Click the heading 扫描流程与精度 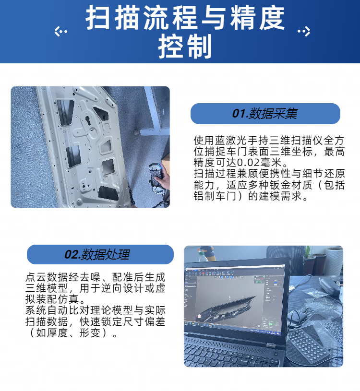[185, 18]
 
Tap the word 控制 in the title [185, 47]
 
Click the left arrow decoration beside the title [61, 31]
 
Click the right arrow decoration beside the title [304, 31]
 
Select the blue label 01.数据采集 [265, 113]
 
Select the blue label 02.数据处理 [100, 254]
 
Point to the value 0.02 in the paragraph [248, 163]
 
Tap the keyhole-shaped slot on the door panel [88, 121]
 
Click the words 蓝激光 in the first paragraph [226, 141]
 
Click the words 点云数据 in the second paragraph [47, 277]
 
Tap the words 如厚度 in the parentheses [52, 333]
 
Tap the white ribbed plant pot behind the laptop [334, 261]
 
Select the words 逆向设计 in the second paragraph [122, 288]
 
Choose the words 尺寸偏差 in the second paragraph [144, 322]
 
